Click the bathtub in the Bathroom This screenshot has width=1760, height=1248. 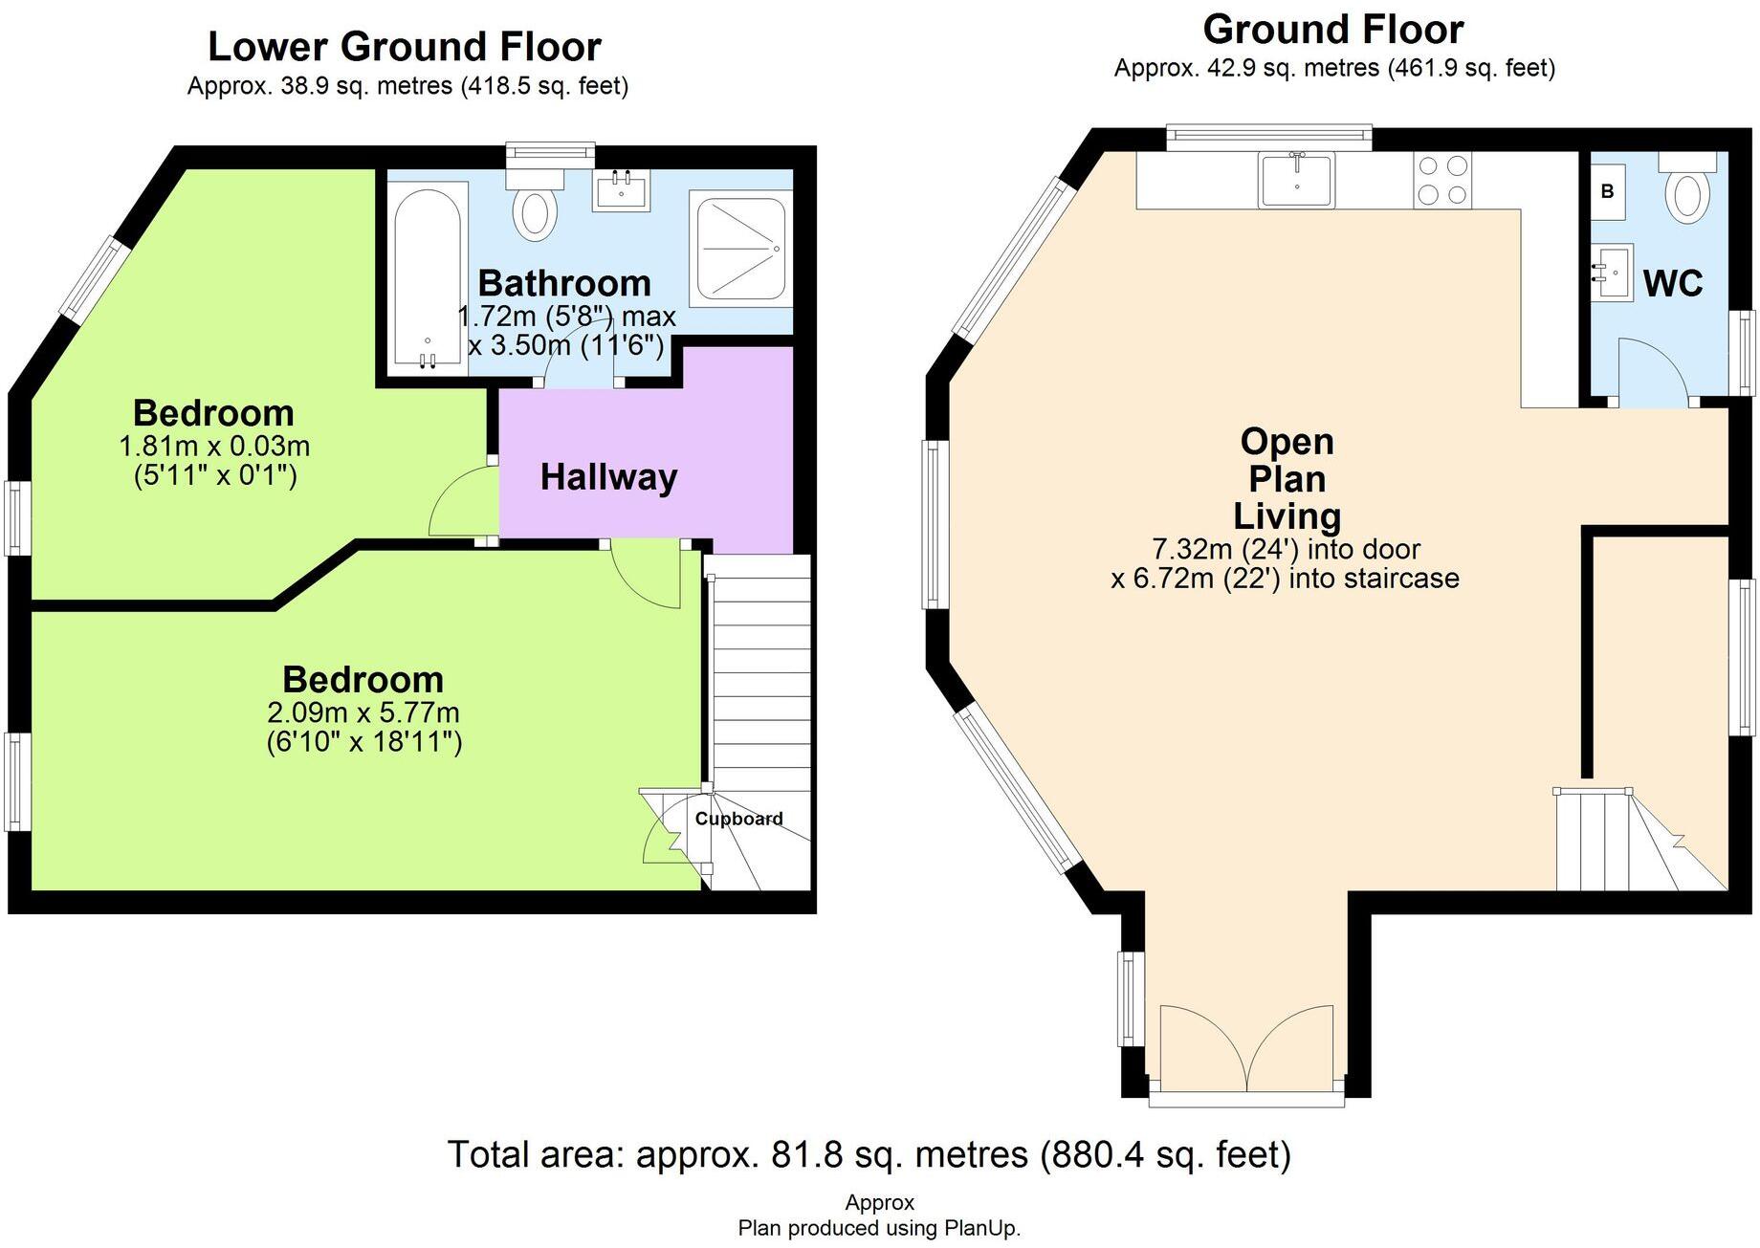click(x=428, y=277)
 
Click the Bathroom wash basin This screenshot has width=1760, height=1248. click(x=623, y=188)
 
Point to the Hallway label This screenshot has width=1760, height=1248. click(x=609, y=476)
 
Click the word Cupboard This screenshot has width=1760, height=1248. click(x=738, y=819)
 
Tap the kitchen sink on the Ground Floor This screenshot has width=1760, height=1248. click(x=1297, y=180)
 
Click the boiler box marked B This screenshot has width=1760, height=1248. click(x=1607, y=190)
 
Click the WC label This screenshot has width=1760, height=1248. click(x=1673, y=283)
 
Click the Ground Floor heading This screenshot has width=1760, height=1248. click(x=1333, y=30)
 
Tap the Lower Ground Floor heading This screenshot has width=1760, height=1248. click(x=405, y=46)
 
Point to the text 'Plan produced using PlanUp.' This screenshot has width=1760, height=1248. click(x=879, y=1228)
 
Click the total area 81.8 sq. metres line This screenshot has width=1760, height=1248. click(x=869, y=1154)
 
